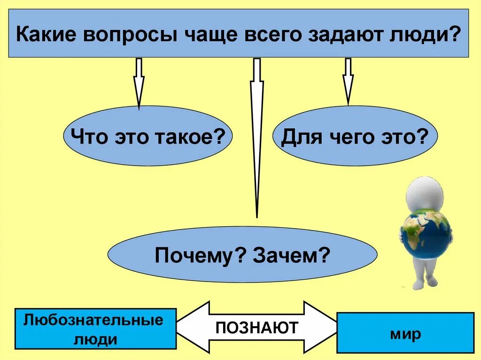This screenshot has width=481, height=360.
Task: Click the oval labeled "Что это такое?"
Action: tap(147, 137)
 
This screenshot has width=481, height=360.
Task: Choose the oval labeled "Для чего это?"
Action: tap(355, 137)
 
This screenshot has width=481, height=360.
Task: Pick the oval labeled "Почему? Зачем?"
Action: tap(242, 255)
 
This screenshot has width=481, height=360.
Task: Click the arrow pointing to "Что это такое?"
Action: tap(139, 82)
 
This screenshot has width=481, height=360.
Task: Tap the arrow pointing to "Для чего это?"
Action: tap(348, 81)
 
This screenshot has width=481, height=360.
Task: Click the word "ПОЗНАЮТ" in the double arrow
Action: tap(256, 327)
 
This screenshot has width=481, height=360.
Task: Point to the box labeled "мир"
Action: tap(405, 333)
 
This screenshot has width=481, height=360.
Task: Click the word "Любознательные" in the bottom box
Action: tap(93, 321)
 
